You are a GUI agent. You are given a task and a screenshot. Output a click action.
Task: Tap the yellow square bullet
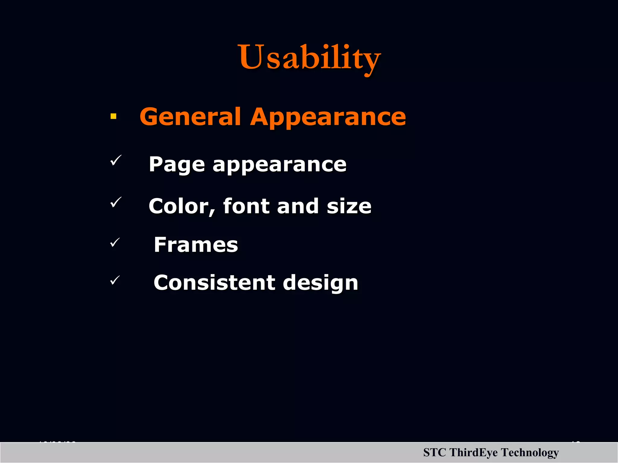point(113,116)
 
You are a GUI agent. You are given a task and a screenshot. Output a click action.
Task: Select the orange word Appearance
point(328,118)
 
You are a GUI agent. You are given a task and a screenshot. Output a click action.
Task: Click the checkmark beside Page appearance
point(116,160)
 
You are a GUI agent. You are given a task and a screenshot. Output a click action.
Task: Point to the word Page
point(177,165)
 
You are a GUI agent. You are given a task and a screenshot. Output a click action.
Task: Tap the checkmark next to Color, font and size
point(116,202)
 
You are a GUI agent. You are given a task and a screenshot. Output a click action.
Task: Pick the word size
point(349,206)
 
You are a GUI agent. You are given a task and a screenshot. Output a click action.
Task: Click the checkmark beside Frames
point(115,242)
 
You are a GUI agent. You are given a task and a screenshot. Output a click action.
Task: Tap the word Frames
point(196,244)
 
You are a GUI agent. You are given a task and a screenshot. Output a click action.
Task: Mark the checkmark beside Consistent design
point(115,280)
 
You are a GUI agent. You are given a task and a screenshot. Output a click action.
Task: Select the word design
point(320,283)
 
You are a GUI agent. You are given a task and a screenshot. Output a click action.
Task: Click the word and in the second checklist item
point(298,206)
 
